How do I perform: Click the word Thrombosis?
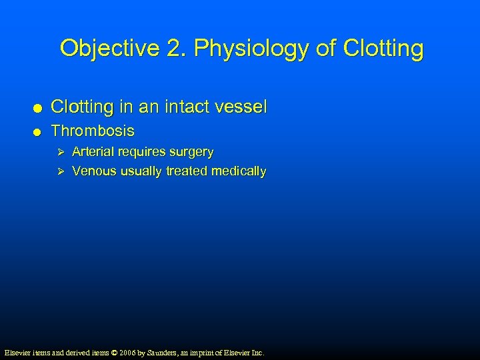(x=93, y=131)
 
